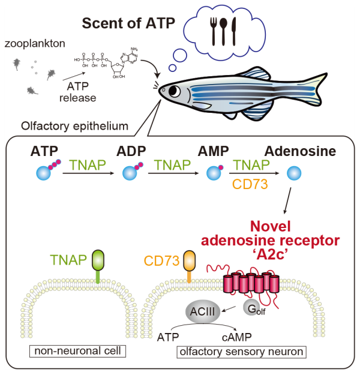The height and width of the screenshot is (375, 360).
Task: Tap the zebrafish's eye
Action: [x=174, y=91]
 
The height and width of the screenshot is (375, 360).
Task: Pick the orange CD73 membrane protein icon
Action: [x=190, y=262]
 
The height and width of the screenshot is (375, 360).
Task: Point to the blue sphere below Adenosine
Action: [x=293, y=173]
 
